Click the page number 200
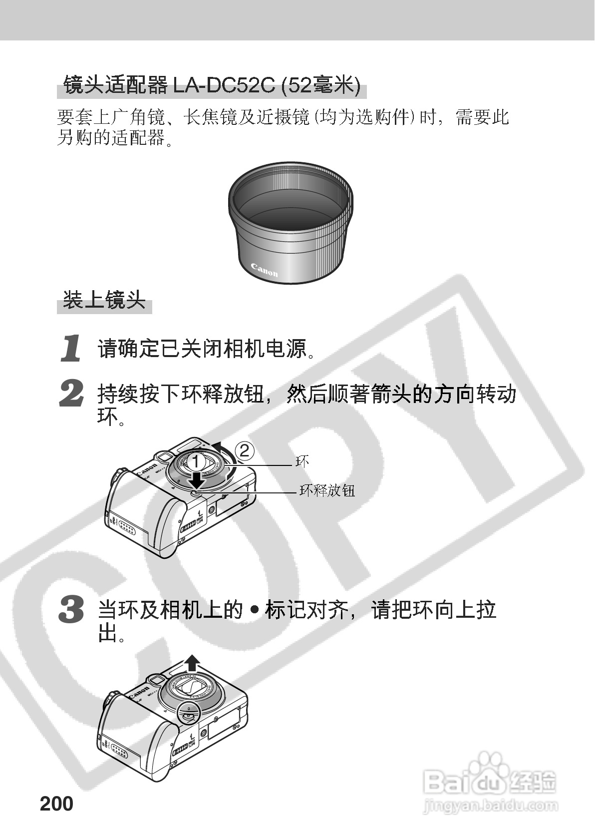[x=56, y=804]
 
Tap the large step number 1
[x=71, y=349]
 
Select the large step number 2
[x=71, y=393]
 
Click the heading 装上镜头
[x=104, y=300]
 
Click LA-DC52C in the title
[x=224, y=85]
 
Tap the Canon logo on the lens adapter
[x=265, y=270]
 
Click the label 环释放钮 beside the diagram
[x=327, y=490]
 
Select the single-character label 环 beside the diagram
[x=302, y=461]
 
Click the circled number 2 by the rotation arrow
[x=244, y=450]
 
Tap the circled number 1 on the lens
[x=196, y=462]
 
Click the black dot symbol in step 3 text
[x=254, y=610]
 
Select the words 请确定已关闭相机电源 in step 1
[x=202, y=349]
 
